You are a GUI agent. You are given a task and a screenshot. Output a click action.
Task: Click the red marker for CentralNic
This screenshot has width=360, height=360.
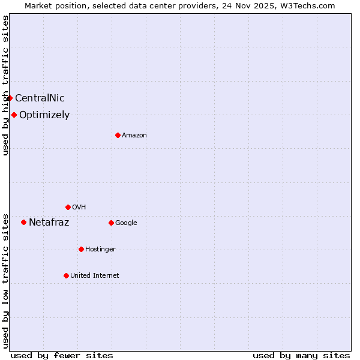pos(10,98)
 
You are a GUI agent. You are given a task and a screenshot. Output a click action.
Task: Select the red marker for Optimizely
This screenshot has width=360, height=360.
pos(14,115)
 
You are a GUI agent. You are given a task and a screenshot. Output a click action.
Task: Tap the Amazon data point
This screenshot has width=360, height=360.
pos(118,135)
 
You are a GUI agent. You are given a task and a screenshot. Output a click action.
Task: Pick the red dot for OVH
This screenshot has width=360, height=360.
pos(68,207)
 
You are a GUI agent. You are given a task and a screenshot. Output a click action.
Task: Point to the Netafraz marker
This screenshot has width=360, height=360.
pos(23,222)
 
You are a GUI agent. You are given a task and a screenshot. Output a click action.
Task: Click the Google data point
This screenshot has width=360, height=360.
pos(111,223)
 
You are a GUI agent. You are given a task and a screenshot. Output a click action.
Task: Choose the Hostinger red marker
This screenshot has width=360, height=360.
pos(81,249)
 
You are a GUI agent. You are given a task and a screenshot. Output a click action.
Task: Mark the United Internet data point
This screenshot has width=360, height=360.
pos(66,275)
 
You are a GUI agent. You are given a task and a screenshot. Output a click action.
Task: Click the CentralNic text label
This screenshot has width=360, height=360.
pos(40,98)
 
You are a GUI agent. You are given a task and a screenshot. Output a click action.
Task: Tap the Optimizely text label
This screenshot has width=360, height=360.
pos(44,115)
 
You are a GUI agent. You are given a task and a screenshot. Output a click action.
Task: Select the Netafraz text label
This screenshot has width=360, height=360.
pos(49,223)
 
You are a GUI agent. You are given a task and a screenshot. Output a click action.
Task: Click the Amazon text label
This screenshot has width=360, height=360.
pos(134,136)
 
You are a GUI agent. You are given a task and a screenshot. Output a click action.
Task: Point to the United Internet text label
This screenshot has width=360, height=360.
pos(94,276)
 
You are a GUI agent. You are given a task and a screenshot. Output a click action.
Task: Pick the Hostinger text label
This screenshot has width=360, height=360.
pos(100,250)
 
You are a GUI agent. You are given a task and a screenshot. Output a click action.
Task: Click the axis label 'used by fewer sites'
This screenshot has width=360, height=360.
pos(62,355)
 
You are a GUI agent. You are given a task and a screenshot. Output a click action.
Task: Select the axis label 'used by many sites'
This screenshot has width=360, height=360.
pos(301,355)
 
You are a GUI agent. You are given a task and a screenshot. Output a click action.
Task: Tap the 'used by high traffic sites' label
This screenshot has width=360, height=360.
pos(5,85)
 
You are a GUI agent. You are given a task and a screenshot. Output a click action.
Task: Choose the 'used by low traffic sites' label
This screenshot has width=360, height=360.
pos(5,281)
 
